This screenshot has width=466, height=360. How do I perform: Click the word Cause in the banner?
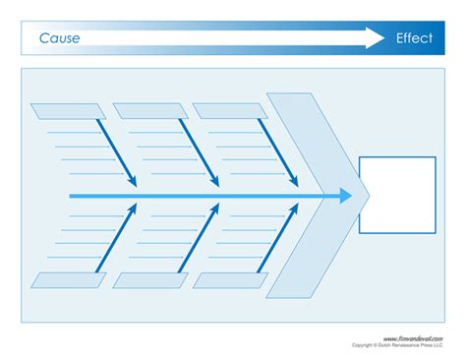(60, 38)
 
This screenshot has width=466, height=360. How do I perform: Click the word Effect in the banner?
(414, 38)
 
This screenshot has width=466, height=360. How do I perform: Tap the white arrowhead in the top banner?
(375, 38)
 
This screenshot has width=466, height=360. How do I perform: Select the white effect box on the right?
(397, 194)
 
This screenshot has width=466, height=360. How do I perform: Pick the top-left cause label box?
(68, 110)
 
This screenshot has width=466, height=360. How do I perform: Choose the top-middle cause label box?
(149, 110)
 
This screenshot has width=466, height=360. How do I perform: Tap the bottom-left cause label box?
(68, 280)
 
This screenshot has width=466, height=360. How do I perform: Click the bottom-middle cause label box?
(149, 280)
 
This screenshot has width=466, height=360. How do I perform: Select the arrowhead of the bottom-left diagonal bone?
(132, 210)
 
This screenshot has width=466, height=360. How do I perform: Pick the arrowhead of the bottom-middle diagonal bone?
(213, 210)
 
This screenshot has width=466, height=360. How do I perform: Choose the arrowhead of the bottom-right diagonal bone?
(294, 210)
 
